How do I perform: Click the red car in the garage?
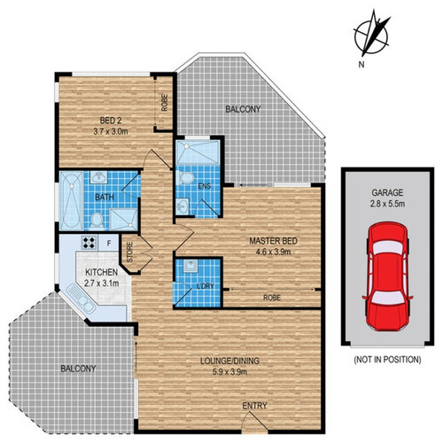coord(387,276)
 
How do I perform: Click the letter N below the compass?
coord(361,64)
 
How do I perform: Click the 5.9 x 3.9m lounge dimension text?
coord(229,372)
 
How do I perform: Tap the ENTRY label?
coord(254,406)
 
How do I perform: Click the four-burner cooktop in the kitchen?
coord(89,243)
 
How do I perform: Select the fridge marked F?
coord(109,244)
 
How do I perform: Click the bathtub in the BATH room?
coord(72,201)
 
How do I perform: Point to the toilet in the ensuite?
coord(185,178)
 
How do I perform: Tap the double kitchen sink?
coord(81,299)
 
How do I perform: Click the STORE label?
coord(129,252)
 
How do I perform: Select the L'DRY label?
coord(205,286)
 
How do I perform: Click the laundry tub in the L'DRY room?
coord(189,266)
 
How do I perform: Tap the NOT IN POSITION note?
coord(387,360)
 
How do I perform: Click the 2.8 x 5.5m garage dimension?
coord(387,204)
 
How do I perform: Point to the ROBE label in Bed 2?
coord(164,103)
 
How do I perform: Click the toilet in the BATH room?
coord(97,220)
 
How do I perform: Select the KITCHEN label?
coord(102,272)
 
